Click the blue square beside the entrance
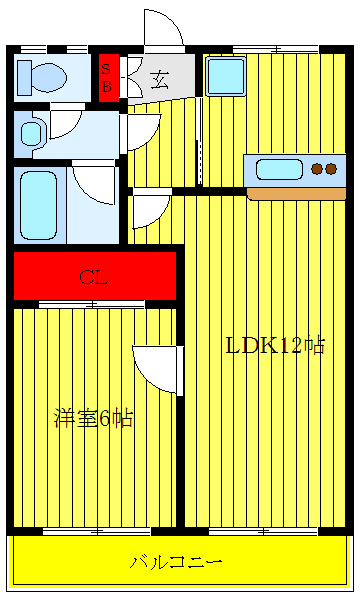coord(226,75)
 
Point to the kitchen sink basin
coord(285,168)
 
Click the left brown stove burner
coord(317,169)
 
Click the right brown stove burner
coord(331,169)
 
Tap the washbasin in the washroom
coord(30,133)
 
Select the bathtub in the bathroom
coord(39,204)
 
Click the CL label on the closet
coord(93,277)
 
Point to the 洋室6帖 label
coord(92,418)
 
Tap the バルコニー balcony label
coord(176,562)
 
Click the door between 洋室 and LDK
coord(157,366)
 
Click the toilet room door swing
coord(65,122)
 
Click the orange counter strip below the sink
coord(295,193)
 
